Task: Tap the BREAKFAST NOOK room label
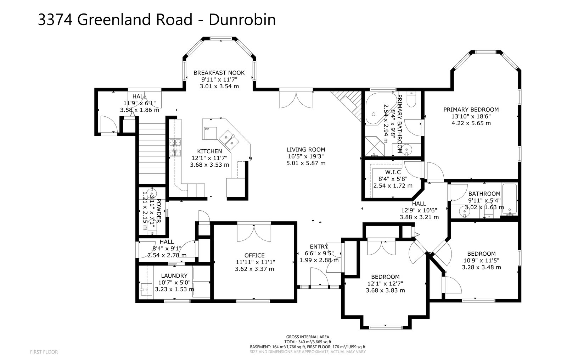coord(219,73)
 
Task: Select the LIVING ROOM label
coord(306,150)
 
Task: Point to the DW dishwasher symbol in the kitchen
coord(207,129)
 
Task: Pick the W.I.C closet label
coord(393,172)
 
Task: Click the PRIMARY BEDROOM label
coord(471,110)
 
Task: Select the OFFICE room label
coord(254,255)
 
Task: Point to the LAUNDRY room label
coord(174,276)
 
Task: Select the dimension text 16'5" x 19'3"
coord(306,156)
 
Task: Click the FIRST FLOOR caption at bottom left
coord(44,352)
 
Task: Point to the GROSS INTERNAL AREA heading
coord(308,337)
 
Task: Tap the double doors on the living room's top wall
coord(296,99)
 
